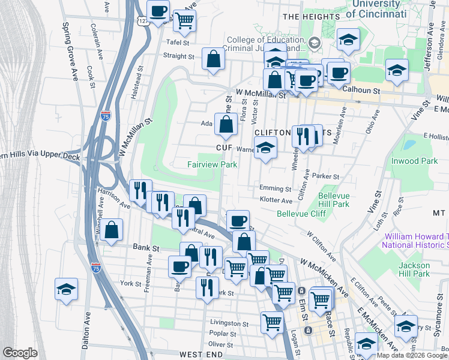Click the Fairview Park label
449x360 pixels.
click(x=212, y=164)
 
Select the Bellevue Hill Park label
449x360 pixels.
click(x=334, y=200)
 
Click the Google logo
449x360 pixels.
click(x=20, y=353)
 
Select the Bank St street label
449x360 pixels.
click(x=146, y=247)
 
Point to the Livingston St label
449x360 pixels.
click(x=229, y=324)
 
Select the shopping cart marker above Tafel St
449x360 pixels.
click(x=184, y=20)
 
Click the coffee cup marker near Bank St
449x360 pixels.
click(x=179, y=266)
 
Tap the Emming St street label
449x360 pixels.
click(x=276, y=188)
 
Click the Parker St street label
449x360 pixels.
click(x=328, y=176)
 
